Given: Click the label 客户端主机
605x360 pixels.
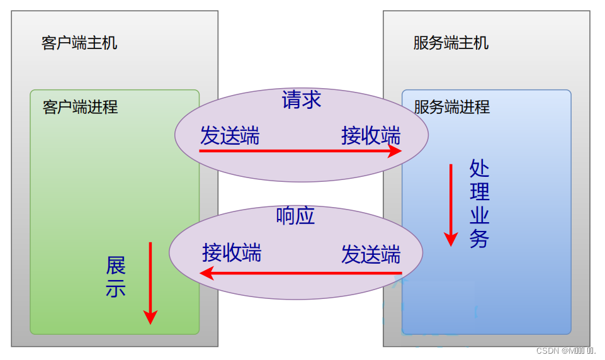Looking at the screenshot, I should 79,43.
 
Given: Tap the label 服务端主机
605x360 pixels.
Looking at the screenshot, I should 451,43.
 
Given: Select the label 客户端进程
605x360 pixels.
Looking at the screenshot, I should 80,107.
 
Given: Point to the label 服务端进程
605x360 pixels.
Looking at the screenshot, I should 451,107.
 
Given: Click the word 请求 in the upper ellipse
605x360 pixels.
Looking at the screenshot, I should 302,100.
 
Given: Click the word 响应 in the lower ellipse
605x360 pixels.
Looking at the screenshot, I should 295,216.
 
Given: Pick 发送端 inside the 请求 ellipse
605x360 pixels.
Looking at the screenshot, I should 230,135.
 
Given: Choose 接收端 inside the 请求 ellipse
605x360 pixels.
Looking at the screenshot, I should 371,135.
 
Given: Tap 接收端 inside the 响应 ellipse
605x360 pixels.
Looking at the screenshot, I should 232,252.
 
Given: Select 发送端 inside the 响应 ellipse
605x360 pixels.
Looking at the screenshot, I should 371,254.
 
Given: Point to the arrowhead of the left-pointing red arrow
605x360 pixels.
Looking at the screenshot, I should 205,273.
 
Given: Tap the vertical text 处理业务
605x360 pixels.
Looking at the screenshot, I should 479,204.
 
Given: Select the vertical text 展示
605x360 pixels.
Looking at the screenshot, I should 116,276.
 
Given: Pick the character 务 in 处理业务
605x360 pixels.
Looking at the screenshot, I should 479,239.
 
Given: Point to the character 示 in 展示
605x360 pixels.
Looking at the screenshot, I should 116,288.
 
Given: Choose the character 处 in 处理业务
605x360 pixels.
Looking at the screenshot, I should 479,169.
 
